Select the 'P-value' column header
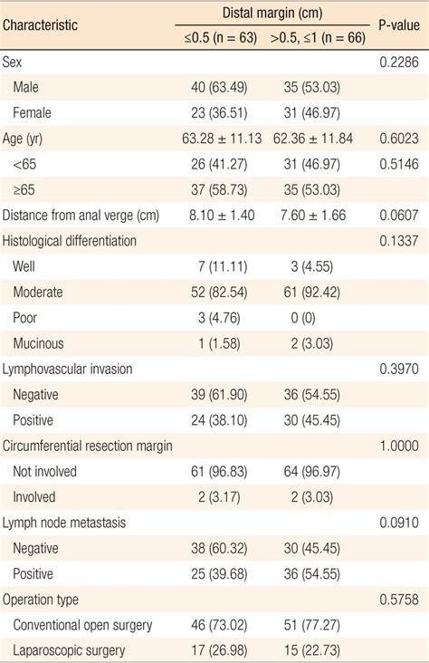pyautogui.click(x=399, y=24)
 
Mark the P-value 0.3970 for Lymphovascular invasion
pyautogui.click(x=399, y=369)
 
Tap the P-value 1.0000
pyautogui.click(x=399, y=446)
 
